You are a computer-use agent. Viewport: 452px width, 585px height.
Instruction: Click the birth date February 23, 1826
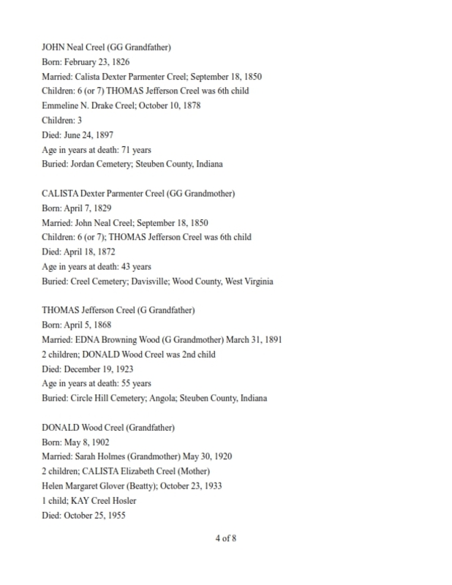click(x=97, y=62)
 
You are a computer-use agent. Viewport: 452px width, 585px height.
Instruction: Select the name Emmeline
click(x=64, y=106)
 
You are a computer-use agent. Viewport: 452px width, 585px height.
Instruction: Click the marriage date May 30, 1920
click(x=208, y=456)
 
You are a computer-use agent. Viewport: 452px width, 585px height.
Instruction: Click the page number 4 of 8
click(x=225, y=540)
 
